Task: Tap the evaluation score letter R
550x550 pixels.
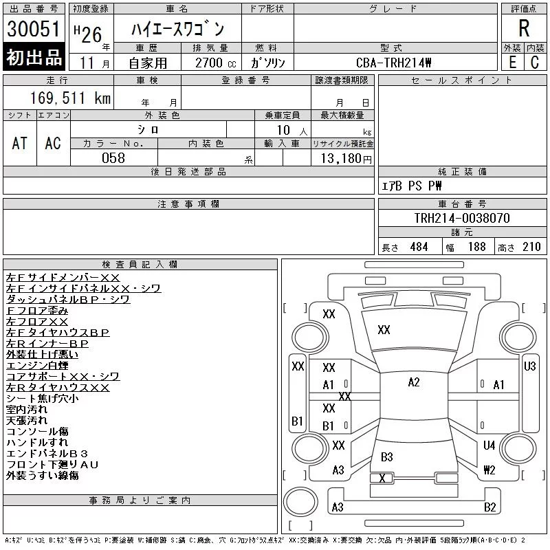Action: [524, 29]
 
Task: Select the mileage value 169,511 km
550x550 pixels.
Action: [70, 98]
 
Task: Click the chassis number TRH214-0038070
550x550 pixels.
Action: [462, 218]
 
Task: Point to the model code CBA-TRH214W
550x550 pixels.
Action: [395, 63]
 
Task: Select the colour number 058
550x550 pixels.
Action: [113, 158]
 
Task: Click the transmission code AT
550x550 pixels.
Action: [20, 143]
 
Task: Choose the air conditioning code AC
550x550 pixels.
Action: [53, 143]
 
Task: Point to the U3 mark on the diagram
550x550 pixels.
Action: [529, 366]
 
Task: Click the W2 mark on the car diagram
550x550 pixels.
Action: [489, 470]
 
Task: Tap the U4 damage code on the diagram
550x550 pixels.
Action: [489, 445]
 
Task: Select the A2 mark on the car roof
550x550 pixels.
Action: [413, 382]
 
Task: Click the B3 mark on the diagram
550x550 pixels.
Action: [386, 457]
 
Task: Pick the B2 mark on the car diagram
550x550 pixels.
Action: [489, 507]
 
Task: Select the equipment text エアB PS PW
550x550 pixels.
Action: [412, 186]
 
